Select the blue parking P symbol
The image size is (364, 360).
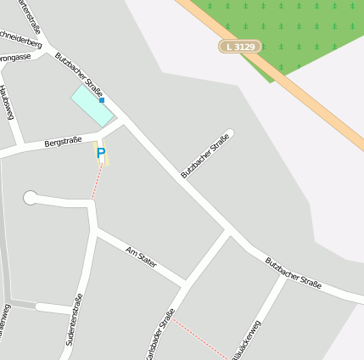[101, 154]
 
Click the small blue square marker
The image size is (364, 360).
[102, 101]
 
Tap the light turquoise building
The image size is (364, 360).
[91, 106]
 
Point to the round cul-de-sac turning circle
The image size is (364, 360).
[31, 198]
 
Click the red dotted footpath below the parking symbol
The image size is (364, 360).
[97, 182]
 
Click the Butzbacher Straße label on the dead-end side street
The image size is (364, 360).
[205, 155]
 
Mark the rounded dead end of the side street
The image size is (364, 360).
[229, 133]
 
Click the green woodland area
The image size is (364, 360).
[288, 30]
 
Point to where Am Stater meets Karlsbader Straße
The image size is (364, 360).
[188, 283]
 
